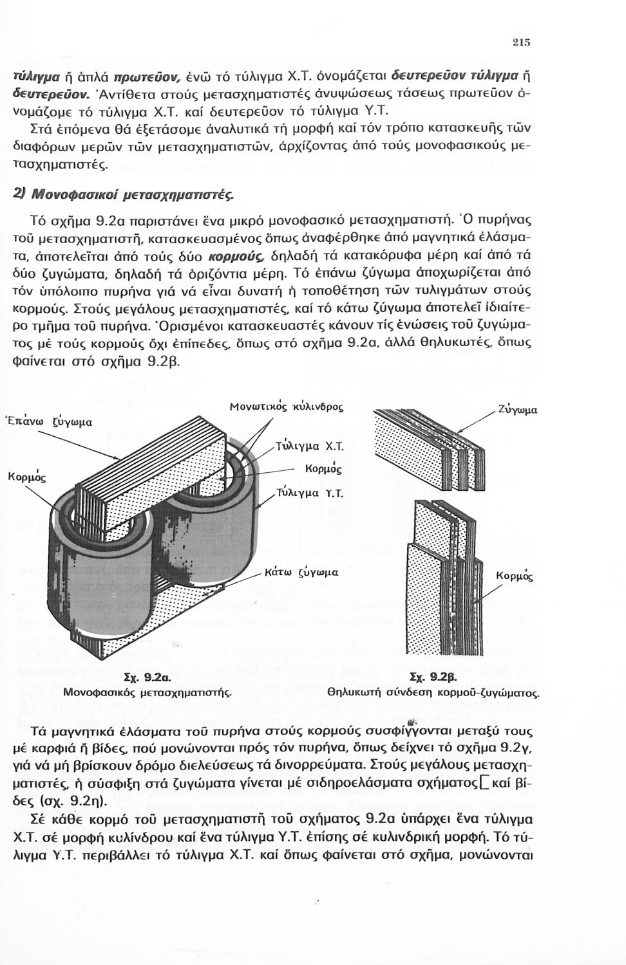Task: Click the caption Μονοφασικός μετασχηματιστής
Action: pyautogui.click(x=147, y=692)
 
